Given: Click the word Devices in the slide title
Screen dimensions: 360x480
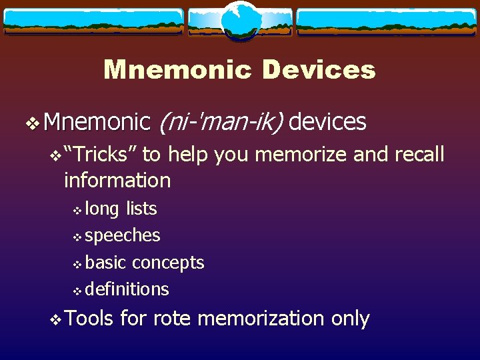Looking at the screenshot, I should pyautogui.click(x=319, y=69).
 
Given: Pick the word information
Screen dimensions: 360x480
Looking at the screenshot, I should pyautogui.click(x=117, y=180).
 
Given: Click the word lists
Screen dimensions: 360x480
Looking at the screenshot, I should pyautogui.click(x=141, y=209).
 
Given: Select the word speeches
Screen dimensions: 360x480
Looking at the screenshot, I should pyautogui.click(x=123, y=235).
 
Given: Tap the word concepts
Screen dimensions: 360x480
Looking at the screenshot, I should pyautogui.click(x=168, y=262).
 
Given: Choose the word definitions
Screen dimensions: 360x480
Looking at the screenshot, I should pyautogui.click(x=127, y=289).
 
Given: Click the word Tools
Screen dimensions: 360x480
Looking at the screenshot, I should pyautogui.click(x=90, y=318).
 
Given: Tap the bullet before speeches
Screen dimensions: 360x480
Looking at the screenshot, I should pyautogui.click(x=77, y=237).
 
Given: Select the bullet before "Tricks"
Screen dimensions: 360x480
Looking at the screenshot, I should pyautogui.click(x=56, y=156).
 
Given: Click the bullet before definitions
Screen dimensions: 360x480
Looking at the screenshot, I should pyautogui.click(x=77, y=290).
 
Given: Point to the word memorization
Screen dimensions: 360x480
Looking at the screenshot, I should pyautogui.click(x=261, y=319).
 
